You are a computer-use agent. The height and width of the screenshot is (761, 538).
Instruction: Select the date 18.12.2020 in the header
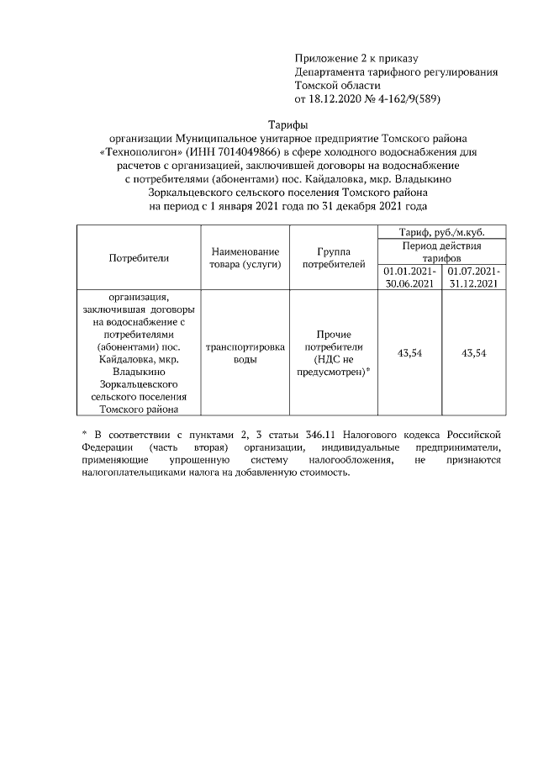pos(341,98)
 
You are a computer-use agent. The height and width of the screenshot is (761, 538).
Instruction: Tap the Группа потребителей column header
pos(334,258)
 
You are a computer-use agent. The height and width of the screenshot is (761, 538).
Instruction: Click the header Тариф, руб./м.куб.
pos(442,231)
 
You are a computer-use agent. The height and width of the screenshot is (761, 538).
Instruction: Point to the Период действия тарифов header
pos(442,251)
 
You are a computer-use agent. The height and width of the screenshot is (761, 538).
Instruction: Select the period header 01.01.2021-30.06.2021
pos(409,278)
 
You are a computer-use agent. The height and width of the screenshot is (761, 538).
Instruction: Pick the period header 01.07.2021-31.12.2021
pos(474,278)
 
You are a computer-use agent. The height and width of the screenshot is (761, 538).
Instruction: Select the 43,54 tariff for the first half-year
pos(409,353)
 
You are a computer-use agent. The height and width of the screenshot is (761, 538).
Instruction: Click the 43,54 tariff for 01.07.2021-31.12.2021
pos(474,353)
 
